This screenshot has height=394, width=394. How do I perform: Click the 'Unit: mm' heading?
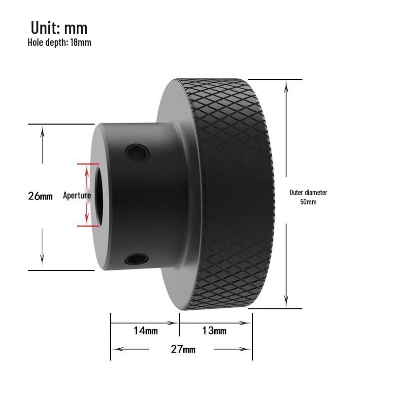59,28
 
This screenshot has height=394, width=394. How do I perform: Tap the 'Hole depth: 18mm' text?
59,42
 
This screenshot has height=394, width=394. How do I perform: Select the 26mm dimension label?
40,196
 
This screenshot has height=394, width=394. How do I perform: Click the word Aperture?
77,196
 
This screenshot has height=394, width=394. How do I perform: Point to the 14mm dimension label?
145,330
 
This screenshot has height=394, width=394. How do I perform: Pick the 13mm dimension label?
214,330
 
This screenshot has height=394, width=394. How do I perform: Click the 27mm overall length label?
183,349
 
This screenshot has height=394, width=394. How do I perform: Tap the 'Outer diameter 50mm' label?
308,197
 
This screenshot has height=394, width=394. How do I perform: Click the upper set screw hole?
137,153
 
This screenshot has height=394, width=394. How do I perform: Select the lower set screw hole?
136,259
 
